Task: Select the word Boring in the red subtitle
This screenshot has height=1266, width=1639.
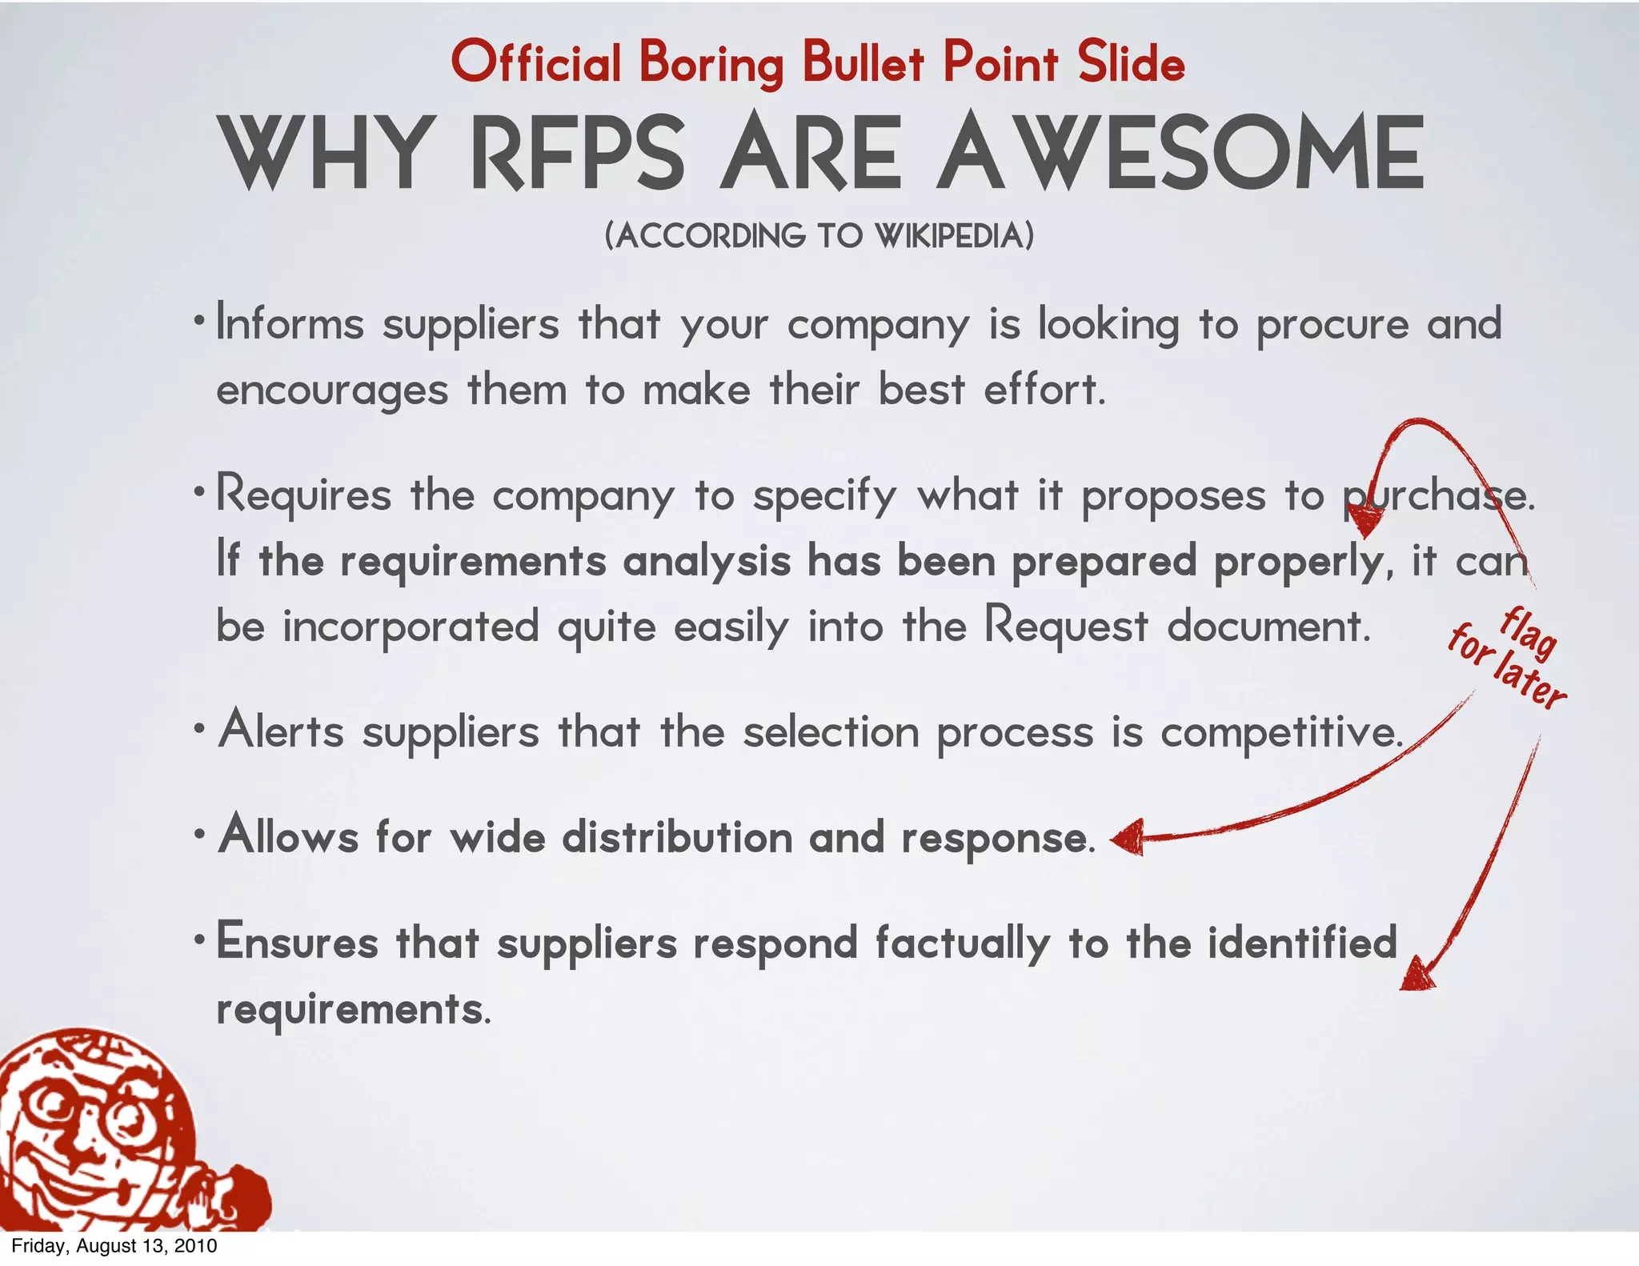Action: click(x=711, y=64)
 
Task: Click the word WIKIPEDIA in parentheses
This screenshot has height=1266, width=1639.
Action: click(x=953, y=236)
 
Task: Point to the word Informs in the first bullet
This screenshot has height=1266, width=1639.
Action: click(x=290, y=324)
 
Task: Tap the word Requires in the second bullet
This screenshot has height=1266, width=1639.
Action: click(x=303, y=495)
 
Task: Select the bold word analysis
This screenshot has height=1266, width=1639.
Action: click(x=707, y=560)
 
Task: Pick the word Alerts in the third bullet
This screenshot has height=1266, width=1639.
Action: click(x=281, y=731)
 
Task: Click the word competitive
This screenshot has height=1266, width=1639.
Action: click(x=1281, y=732)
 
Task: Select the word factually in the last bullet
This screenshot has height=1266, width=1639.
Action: click(x=962, y=943)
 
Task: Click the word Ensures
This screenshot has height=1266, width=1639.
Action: click(x=297, y=941)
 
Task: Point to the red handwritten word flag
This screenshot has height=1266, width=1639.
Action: click(x=1528, y=633)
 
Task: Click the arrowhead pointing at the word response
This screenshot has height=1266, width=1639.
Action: click(x=1128, y=838)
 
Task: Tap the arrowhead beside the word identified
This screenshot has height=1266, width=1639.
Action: click(x=1417, y=975)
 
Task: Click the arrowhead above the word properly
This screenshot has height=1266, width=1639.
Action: click(x=1364, y=524)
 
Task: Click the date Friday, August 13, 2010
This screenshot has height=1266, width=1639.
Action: click(x=114, y=1246)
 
